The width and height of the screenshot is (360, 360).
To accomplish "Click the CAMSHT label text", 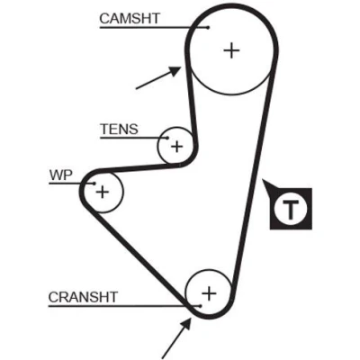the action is pyautogui.click(x=130, y=19).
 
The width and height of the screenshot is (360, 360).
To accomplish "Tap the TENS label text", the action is pyautogui.click(x=120, y=130).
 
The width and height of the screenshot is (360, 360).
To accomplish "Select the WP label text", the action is pyautogui.click(x=61, y=175).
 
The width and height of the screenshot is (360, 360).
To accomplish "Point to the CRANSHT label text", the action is pyautogui.click(x=83, y=297).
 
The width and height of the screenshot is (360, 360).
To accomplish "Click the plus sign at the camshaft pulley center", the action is pyautogui.click(x=231, y=50).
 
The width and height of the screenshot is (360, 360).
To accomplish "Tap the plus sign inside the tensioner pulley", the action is pyautogui.click(x=176, y=147).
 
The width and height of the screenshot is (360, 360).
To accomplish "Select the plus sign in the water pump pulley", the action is pyautogui.click(x=103, y=192).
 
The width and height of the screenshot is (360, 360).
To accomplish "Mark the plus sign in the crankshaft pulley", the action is pyautogui.click(x=209, y=293).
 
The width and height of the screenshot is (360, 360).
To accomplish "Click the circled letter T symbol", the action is pyautogui.click(x=291, y=209).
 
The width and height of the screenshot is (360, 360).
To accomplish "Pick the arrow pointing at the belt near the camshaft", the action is pyautogui.click(x=158, y=78).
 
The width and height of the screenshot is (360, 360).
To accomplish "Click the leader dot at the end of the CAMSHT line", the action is pyautogui.click(x=208, y=28).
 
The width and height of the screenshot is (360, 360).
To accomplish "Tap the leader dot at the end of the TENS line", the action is pyautogui.click(x=167, y=138).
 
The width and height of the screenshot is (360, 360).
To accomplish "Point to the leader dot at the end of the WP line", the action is pyautogui.click(x=94, y=184).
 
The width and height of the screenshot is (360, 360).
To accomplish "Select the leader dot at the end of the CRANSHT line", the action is pyautogui.click(x=200, y=306).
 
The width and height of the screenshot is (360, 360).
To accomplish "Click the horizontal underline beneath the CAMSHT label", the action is pyautogui.click(x=154, y=28).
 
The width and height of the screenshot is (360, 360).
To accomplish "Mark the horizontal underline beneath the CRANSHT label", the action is pyautogui.click(x=124, y=306).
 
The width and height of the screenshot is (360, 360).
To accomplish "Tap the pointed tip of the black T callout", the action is pyautogui.click(x=263, y=180).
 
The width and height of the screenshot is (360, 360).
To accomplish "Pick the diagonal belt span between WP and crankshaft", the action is pyautogui.click(x=137, y=254).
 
